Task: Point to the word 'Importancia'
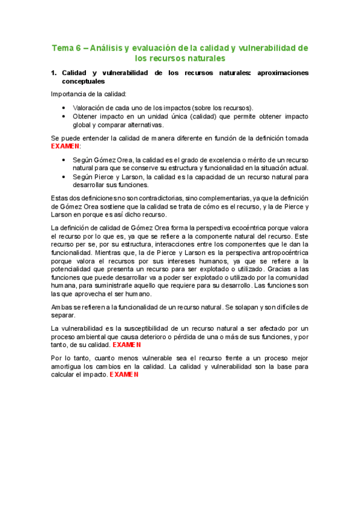pos(69,94)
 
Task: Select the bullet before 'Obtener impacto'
pos(64,115)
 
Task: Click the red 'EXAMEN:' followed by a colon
pos(66,146)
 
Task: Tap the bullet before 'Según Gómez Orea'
pos(64,159)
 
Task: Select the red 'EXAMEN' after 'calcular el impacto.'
pos(124,374)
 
